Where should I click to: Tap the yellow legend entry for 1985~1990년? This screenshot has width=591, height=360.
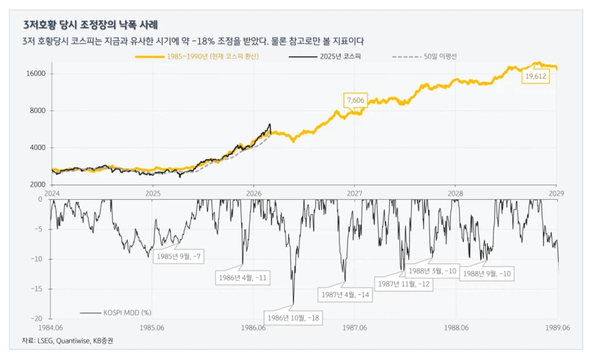(x=196, y=56)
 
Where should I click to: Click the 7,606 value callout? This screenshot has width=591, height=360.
(x=355, y=100)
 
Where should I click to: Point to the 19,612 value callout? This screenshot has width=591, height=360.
(x=535, y=77)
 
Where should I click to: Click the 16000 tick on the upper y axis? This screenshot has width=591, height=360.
(x=34, y=74)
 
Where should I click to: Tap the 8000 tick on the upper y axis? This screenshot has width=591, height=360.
(x=36, y=110)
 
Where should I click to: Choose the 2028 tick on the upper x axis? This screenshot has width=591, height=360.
(x=456, y=193)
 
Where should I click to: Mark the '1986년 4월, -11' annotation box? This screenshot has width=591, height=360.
(x=242, y=278)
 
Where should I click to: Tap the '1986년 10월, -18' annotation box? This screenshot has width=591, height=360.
(x=292, y=317)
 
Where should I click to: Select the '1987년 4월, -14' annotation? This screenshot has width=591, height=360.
(x=344, y=295)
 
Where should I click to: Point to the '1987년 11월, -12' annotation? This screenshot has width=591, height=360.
(x=404, y=283)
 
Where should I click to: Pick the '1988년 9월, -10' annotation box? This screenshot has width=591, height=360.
(x=487, y=273)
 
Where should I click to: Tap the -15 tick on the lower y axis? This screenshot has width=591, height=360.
(x=37, y=288)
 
